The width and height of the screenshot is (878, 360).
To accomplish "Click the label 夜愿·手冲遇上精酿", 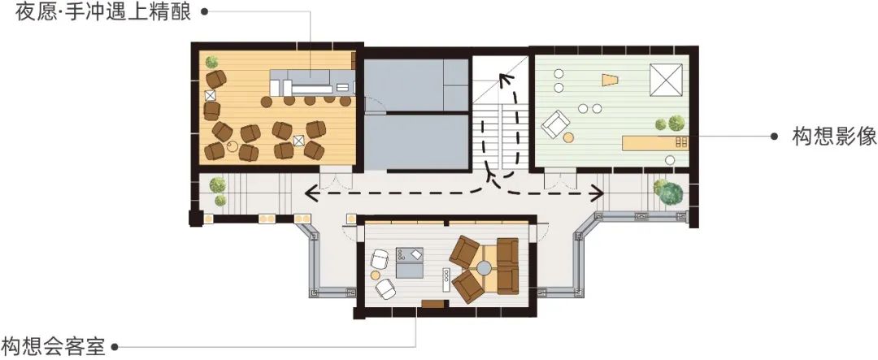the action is (103, 11).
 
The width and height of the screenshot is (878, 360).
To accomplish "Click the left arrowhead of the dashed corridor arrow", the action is (310, 193).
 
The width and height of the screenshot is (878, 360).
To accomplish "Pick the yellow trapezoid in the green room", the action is (610, 80).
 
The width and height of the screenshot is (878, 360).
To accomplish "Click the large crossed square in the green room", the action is (666, 80).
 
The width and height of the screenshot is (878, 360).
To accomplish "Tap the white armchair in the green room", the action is (555, 124).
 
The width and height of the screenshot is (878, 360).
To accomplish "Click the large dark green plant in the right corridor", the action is (672, 193).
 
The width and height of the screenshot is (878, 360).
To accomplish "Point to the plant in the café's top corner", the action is (211, 62).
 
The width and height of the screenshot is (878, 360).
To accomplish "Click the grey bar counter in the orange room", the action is (312, 82).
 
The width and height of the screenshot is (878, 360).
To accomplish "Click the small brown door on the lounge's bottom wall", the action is (433, 304).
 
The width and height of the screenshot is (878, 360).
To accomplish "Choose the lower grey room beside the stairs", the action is (416, 141).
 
